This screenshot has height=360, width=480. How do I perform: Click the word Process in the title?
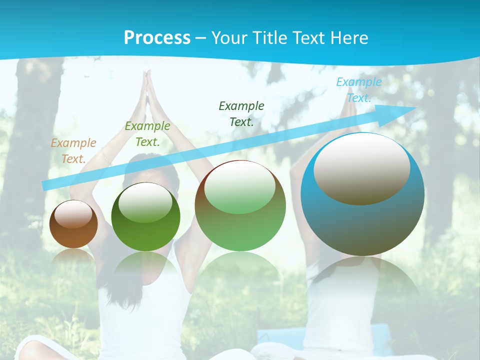tap(157, 37)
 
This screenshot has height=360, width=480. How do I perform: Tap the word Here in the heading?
tap(348, 37)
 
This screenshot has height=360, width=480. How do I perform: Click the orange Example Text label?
tap(73, 151)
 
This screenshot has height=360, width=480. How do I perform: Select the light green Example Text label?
tap(147, 134)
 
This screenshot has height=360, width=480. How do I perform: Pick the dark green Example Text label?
tap(241, 113)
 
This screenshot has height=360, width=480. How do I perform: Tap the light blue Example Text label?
tap(358, 90)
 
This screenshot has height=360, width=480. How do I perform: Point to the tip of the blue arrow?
tap(415, 108)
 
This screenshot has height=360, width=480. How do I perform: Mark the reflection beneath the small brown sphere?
tap(73, 255)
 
